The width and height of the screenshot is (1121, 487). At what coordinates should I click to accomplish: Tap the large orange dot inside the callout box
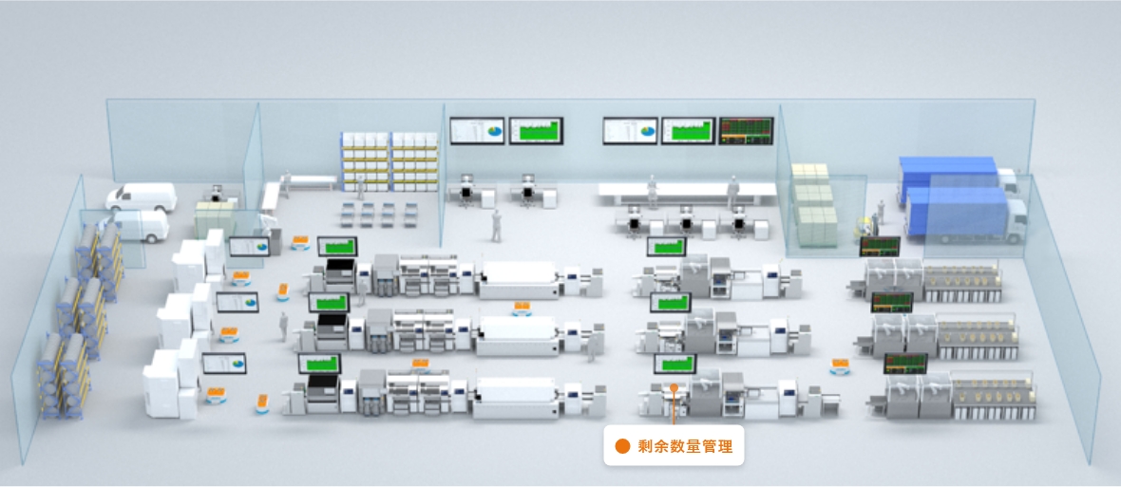click(622, 447)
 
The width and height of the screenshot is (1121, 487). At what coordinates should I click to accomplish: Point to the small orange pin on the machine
click(673, 387)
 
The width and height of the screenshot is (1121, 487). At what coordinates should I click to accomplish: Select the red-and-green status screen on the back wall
click(746, 131)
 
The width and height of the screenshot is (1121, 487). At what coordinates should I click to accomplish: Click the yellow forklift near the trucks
click(866, 226)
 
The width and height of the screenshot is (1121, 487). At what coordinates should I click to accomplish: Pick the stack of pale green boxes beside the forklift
click(815, 204)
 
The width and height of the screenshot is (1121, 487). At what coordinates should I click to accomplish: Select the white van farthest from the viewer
click(142, 197)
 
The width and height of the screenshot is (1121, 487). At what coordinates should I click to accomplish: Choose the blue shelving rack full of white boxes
click(389, 160)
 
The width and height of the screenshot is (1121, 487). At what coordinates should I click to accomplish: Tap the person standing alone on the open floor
click(496, 226)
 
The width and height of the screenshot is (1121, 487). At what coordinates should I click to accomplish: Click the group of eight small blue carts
click(378, 215)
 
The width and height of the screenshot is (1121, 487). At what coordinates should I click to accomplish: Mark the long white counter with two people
click(687, 192)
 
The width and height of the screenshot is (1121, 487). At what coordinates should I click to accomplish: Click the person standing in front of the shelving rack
click(361, 187)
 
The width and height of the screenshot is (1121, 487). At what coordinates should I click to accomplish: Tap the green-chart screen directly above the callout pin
click(674, 364)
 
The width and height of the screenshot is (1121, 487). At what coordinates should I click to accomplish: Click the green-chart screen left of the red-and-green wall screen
click(688, 131)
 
